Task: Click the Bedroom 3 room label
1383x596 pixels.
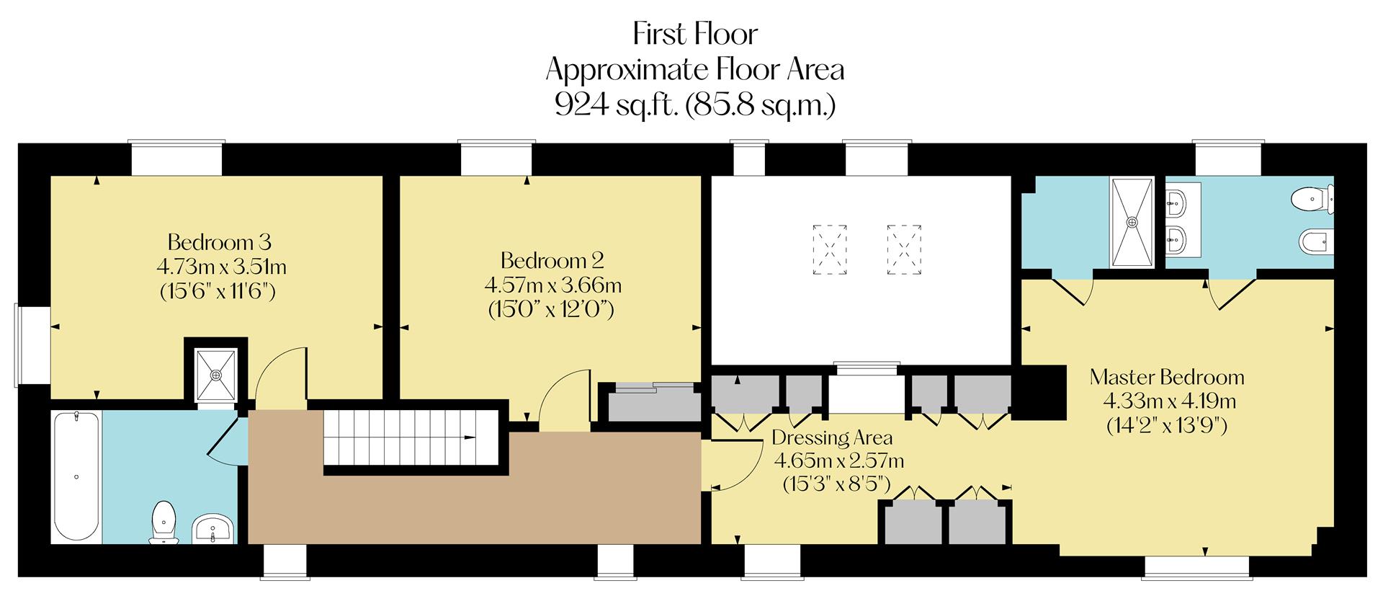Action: tap(219, 241)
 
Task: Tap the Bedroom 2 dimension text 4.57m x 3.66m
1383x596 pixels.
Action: tap(552, 285)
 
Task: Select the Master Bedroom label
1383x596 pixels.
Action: tap(1166, 377)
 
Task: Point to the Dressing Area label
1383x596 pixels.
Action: tap(831, 437)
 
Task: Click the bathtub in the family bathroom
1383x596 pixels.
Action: tap(76, 476)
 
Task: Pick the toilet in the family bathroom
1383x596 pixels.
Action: tap(165, 522)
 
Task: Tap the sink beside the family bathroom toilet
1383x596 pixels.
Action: tap(212, 528)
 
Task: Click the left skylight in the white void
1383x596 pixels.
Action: tap(829, 249)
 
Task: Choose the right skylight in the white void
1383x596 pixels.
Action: tap(904, 249)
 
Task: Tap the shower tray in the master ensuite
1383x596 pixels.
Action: tap(1132, 222)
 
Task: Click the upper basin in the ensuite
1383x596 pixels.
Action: tap(1176, 202)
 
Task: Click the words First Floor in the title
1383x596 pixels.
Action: tap(694, 34)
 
